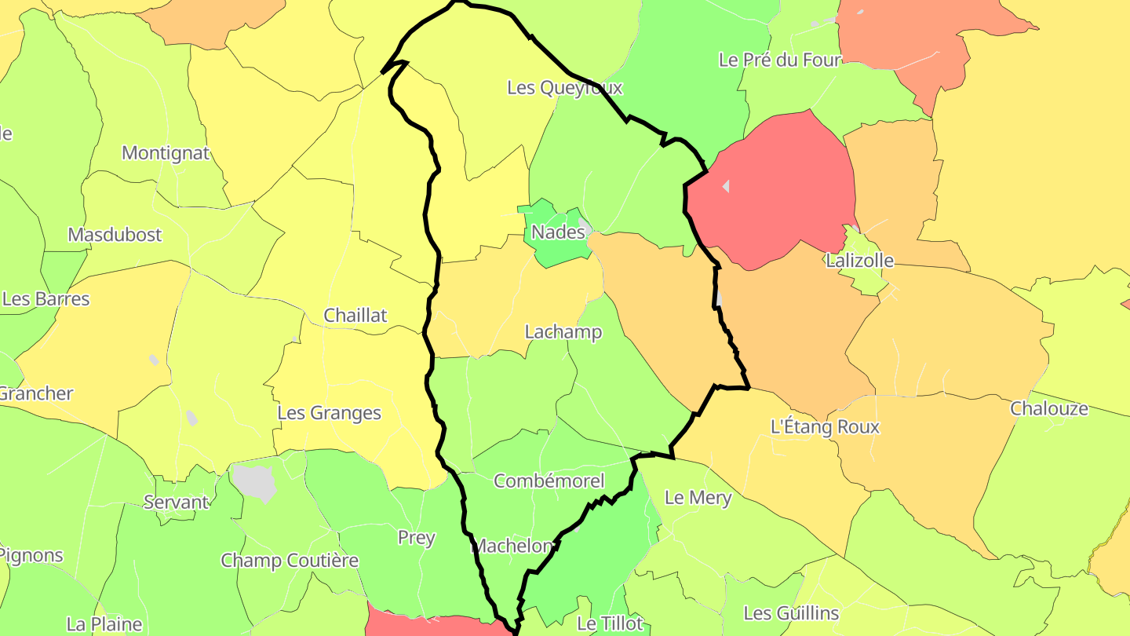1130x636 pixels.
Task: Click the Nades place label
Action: (x=558, y=232)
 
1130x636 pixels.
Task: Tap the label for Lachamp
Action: (x=563, y=332)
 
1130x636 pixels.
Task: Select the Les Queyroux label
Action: (x=564, y=88)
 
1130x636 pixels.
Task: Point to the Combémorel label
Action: (x=549, y=481)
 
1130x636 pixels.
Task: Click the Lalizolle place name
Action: (x=859, y=261)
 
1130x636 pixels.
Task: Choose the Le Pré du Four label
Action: (x=779, y=60)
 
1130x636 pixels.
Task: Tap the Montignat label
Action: (x=166, y=153)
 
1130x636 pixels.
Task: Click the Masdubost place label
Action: (x=115, y=235)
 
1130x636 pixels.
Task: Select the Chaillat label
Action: (x=355, y=316)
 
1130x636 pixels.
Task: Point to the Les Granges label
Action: (x=330, y=413)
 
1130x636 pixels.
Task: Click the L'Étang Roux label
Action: (x=825, y=427)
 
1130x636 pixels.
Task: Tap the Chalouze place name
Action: (x=1049, y=409)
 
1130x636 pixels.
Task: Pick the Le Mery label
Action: (x=698, y=498)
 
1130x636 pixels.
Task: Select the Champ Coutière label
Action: (x=290, y=561)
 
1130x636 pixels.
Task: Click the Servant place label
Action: (x=177, y=503)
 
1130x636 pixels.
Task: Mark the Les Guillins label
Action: (x=791, y=613)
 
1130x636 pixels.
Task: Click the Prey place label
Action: (x=417, y=538)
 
